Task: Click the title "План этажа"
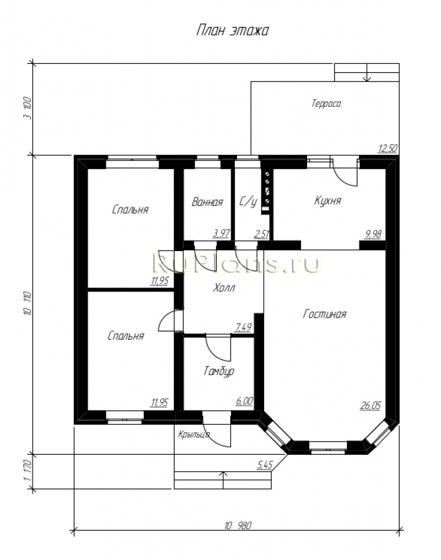(x=233, y=31)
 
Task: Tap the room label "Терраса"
(x=326, y=104)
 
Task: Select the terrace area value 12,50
(x=388, y=148)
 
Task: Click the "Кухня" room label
(x=327, y=201)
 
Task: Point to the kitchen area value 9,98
(x=373, y=234)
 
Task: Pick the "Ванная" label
(x=207, y=202)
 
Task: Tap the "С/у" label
(x=248, y=202)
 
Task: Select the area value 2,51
(x=262, y=234)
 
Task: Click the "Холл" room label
(x=224, y=287)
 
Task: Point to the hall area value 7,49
(x=243, y=327)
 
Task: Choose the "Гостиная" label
(x=325, y=314)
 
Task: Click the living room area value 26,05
(x=370, y=405)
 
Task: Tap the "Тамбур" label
(x=219, y=372)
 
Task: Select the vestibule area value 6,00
(x=244, y=401)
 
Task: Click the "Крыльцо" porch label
(x=194, y=434)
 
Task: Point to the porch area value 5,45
(x=265, y=465)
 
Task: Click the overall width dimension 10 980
(x=238, y=526)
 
